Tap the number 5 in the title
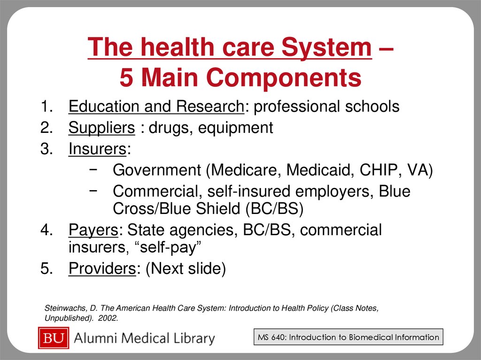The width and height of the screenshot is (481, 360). click(x=126, y=78)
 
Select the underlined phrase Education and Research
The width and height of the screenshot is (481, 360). click(x=156, y=107)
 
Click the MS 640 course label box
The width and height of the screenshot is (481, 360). click(x=348, y=337)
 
